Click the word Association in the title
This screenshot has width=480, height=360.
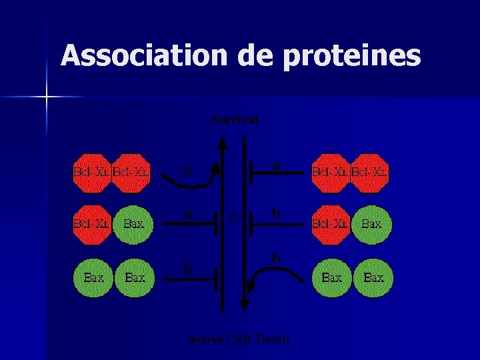144,56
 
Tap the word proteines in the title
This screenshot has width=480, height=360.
353,57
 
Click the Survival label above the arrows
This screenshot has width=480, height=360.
234,120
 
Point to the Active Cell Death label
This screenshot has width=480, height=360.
239,339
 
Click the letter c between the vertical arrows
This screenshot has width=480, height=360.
233,216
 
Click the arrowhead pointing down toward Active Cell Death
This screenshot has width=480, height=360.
244,304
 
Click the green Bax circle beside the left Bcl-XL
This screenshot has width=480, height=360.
134,225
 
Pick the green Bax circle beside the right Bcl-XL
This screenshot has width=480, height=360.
372,225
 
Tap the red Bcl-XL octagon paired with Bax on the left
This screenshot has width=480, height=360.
92,224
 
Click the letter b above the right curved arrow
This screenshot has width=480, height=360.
276,257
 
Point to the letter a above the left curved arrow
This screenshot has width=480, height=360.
189,170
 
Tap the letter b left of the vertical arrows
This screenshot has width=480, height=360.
189,269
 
